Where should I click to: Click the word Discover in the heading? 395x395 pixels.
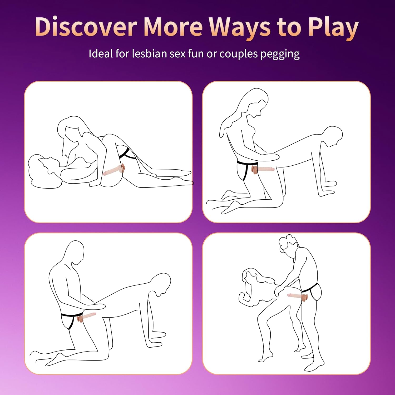[86, 27]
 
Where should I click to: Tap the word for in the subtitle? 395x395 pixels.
[122, 54]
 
